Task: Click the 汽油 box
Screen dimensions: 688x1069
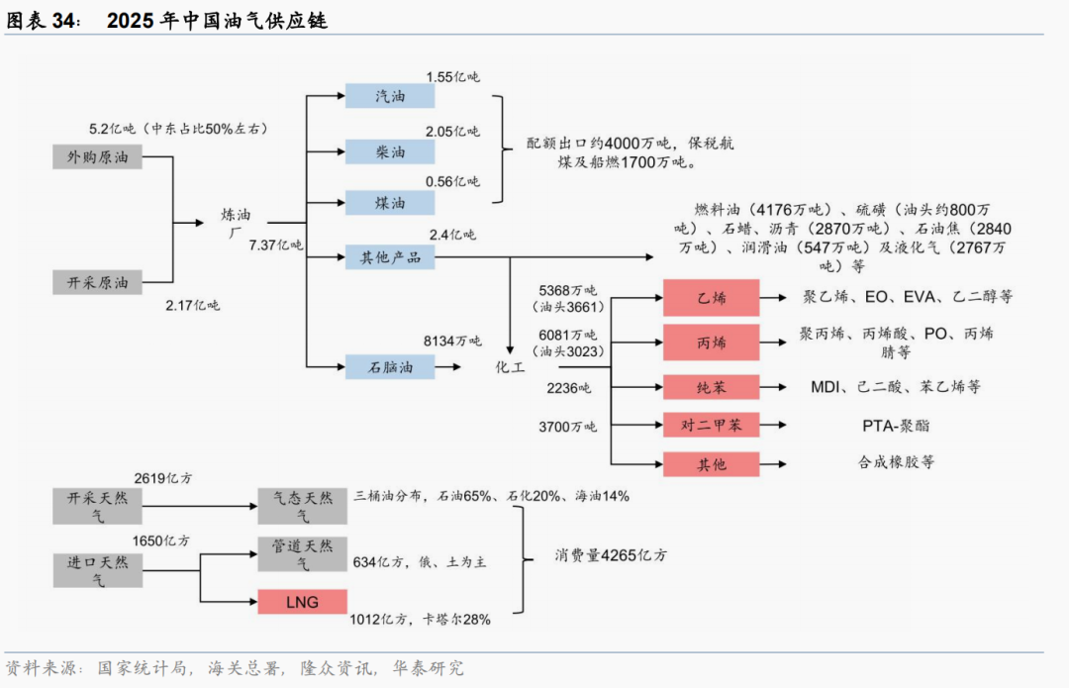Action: click(390, 96)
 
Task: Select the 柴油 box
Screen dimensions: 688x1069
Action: click(390, 152)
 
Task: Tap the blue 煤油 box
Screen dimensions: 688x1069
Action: click(390, 203)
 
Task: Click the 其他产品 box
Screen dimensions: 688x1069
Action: click(390, 258)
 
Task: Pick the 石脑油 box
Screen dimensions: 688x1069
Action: click(390, 367)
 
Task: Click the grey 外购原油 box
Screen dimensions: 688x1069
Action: click(97, 156)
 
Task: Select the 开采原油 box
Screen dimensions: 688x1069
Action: click(97, 282)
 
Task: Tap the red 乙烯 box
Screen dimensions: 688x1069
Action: click(711, 297)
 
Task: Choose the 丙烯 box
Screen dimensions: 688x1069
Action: click(711, 343)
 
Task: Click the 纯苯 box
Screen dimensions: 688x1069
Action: click(711, 386)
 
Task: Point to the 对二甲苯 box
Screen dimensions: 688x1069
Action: click(711, 426)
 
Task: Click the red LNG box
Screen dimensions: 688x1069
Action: click(302, 602)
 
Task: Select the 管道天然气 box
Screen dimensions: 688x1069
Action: click(302, 554)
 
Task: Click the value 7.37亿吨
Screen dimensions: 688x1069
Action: click(276, 245)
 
